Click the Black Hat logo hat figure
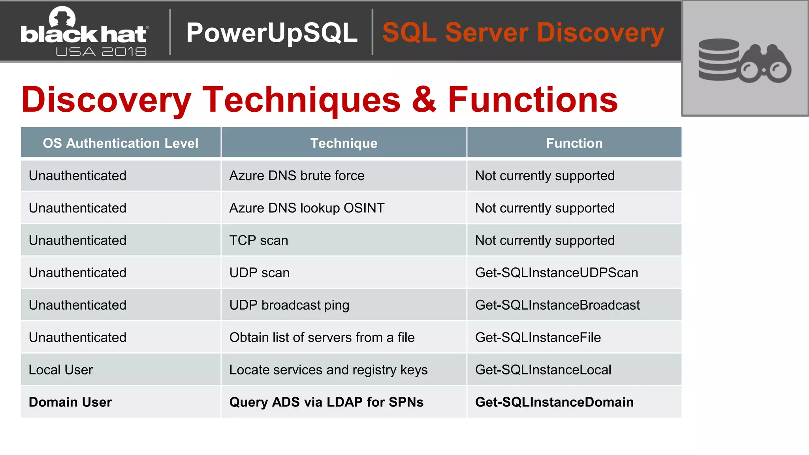62,18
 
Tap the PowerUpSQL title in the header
272,32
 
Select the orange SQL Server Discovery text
523,32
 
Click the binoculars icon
766,64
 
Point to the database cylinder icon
718,59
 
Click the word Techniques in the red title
301,100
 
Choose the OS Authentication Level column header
120,143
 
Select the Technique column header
344,143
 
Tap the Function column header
574,143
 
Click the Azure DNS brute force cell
297,176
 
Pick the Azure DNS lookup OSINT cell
307,208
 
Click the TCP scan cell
258,241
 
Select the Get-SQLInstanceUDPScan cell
556,273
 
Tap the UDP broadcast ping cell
289,305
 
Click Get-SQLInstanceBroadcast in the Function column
557,305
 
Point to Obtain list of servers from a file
322,338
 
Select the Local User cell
60,370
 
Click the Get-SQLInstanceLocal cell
543,370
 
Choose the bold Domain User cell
70,402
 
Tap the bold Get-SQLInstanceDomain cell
554,402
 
